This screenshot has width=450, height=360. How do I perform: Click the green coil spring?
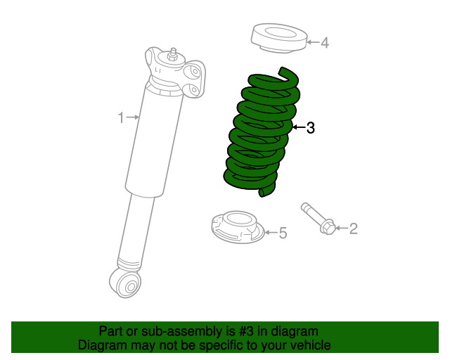click(260, 134)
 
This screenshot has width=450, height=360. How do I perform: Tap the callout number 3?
click(310, 128)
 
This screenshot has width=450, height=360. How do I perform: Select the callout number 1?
click(121, 117)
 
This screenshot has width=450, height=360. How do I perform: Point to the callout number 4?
click(324, 43)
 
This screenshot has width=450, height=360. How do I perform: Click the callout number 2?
click(353, 228)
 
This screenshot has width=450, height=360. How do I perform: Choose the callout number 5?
click(283, 233)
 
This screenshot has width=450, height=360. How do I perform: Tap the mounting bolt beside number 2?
click(315, 216)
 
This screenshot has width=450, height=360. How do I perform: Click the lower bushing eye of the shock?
click(129, 283)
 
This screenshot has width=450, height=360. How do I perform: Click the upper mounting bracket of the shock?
click(193, 75)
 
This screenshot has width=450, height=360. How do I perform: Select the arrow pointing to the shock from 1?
click(133, 117)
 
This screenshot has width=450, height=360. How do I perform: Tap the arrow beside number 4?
click(313, 43)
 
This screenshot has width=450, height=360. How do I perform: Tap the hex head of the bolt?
click(328, 227)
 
